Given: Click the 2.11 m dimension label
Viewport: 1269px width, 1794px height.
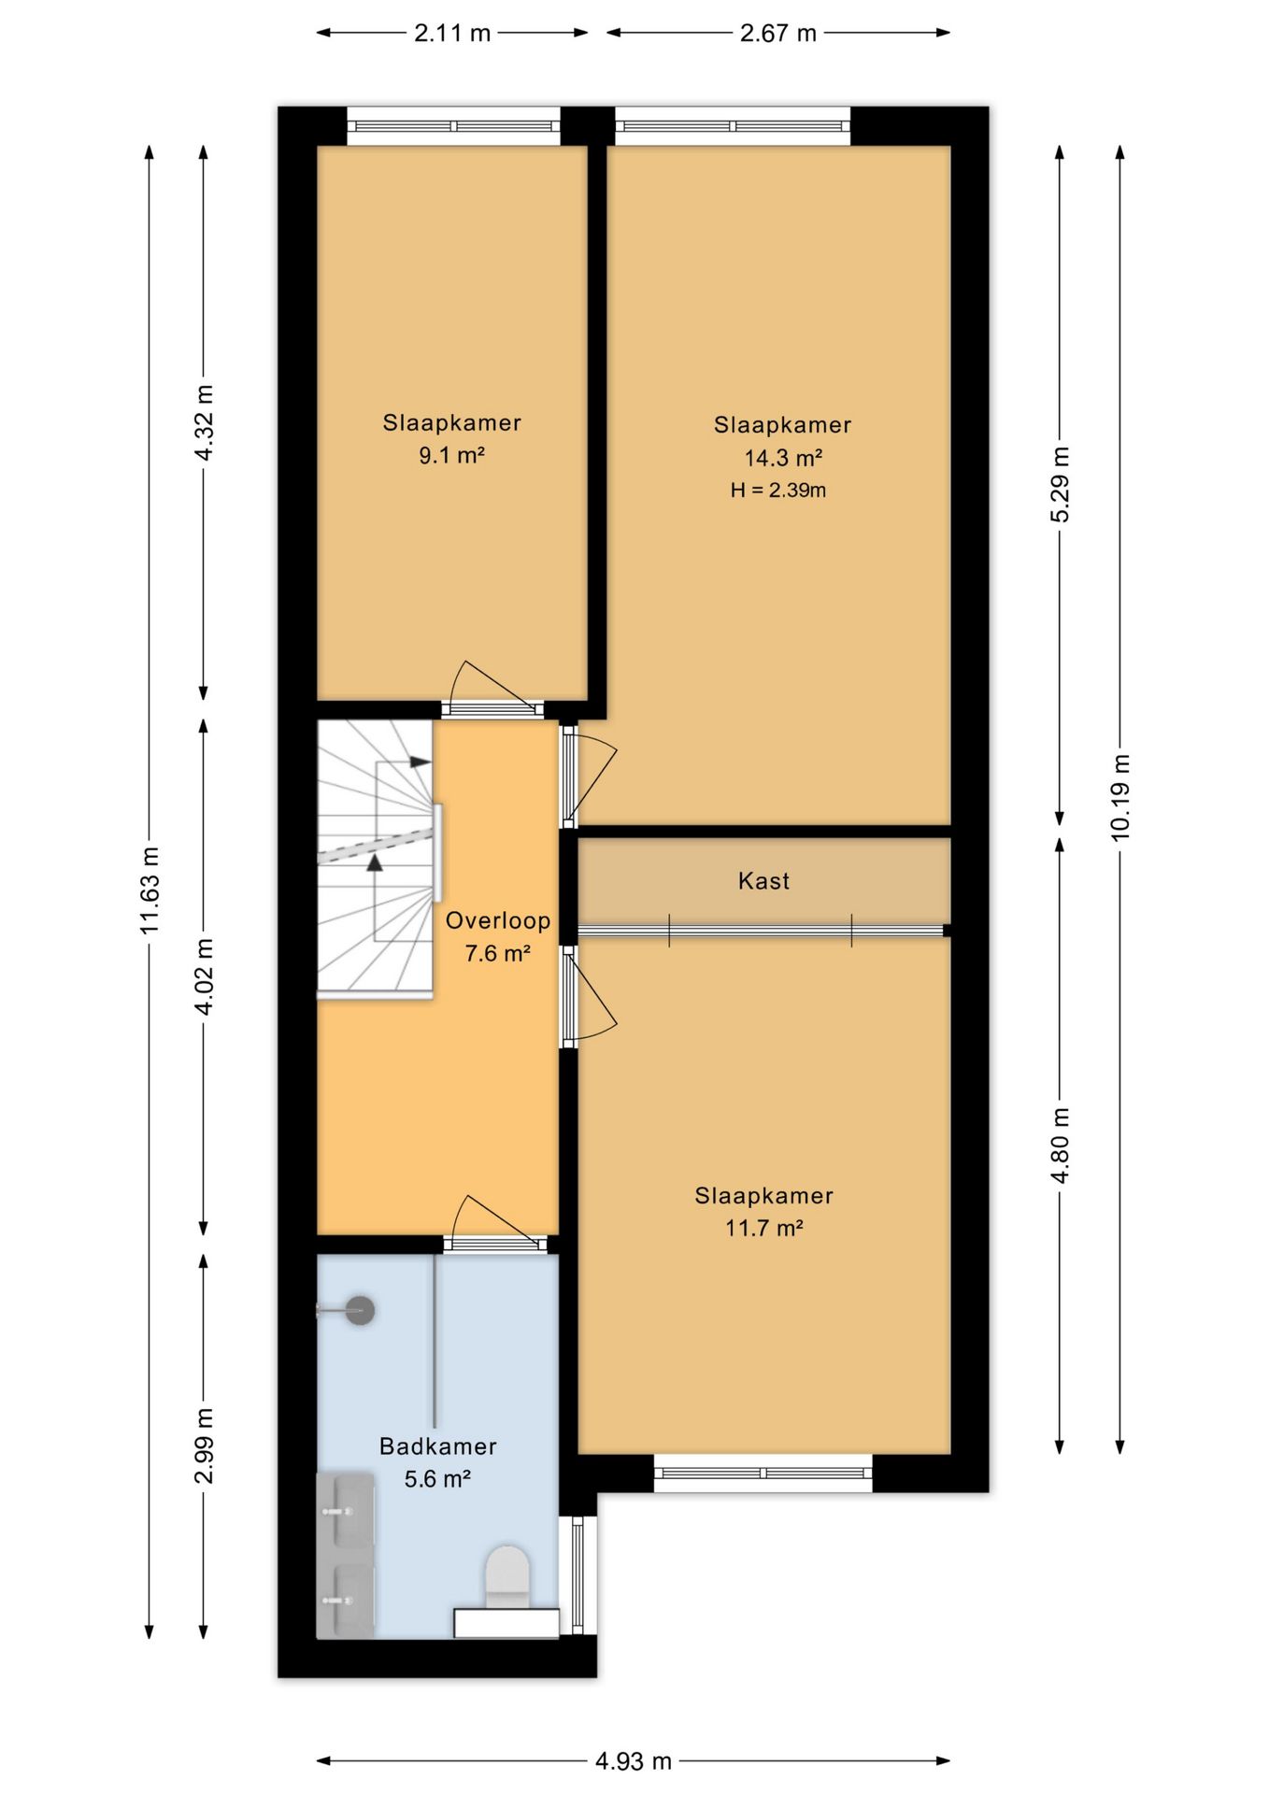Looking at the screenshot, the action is point(452,34).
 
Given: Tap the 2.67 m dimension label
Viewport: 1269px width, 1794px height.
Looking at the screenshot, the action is point(778,34).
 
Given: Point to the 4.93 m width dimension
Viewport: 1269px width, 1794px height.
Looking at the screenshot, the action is point(634,1761).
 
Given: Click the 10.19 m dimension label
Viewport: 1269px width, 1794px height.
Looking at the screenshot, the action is point(1120,797).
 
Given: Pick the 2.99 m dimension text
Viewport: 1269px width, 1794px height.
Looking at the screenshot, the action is point(204,1445).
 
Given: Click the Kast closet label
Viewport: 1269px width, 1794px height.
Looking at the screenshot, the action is point(763,880).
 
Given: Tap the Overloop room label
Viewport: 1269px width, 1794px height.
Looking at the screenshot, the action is point(497,920).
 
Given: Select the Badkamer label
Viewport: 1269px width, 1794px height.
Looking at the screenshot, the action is point(437,1446).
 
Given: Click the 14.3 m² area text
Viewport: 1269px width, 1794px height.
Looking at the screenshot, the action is point(783,458).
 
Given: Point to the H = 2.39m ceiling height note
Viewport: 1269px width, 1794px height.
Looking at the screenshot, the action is point(778,491).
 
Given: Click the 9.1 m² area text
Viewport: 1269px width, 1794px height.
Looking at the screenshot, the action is point(451,455).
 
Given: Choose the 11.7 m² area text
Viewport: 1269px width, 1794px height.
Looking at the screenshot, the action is point(764,1228).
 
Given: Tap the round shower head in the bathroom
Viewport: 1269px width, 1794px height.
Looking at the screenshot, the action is point(361,1310).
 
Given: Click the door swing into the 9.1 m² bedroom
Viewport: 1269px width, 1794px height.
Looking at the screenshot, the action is point(492,687).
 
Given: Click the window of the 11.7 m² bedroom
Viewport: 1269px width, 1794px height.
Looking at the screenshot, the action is point(763,1474).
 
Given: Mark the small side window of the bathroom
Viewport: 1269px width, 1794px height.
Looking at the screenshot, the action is point(577,1574).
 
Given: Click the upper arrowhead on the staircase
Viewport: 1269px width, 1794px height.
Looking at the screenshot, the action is point(421,762).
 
